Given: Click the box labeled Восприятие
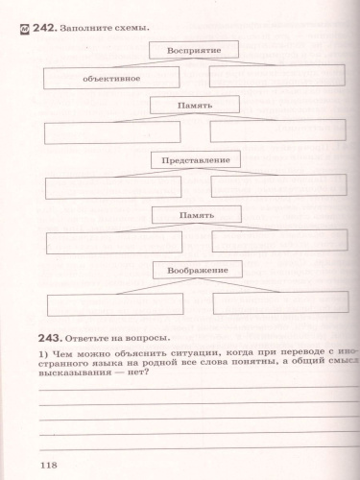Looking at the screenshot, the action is point(194,49).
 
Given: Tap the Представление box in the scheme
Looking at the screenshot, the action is point(194,159).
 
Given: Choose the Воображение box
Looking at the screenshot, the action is point(194,271).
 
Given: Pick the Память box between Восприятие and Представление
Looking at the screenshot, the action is point(194,104).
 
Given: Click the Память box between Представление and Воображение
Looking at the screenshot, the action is point(194,215).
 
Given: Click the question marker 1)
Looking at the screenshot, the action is point(43,354).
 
